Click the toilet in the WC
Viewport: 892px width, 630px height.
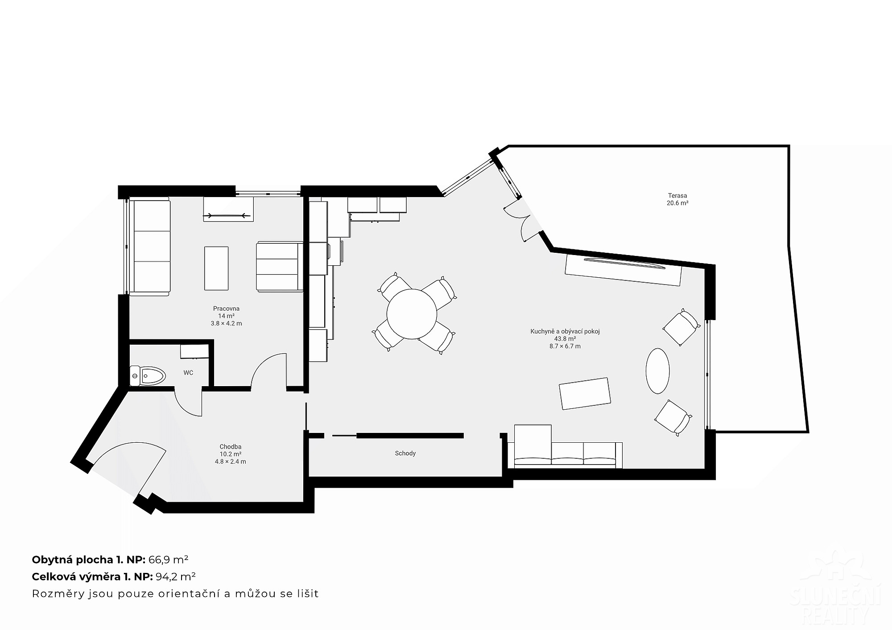[x=148, y=376]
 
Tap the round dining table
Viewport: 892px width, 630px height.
[x=412, y=314]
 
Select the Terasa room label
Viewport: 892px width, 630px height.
[x=677, y=195]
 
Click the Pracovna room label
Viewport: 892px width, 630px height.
[x=226, y=309]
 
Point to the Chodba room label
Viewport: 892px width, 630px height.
[x=230, y=447]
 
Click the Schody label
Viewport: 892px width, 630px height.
[x=405, y=453]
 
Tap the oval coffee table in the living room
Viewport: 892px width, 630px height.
[x=657, y=371]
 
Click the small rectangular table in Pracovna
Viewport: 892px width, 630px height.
[x=216, y=268]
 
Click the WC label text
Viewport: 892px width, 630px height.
[x=188, y=373]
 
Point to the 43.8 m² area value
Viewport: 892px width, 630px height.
[x=565, y=339]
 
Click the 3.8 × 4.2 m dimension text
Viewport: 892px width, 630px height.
[x=226, y=324]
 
